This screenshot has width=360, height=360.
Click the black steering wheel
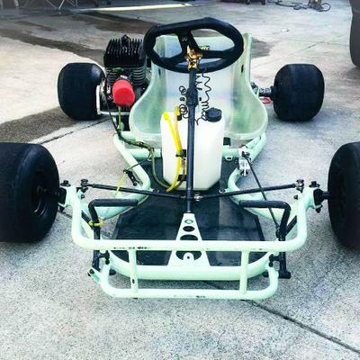click(156, 53)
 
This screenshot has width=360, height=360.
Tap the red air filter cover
click(123, 93)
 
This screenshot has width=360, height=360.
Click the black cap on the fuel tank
click(213, 114)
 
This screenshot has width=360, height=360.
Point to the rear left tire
click(80, 91)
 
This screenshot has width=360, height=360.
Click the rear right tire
click(298, 92)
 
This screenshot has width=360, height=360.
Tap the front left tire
click(27, 193)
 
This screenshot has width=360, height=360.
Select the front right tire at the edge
click(346, 193)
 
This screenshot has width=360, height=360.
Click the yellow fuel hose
click(175, 148)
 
